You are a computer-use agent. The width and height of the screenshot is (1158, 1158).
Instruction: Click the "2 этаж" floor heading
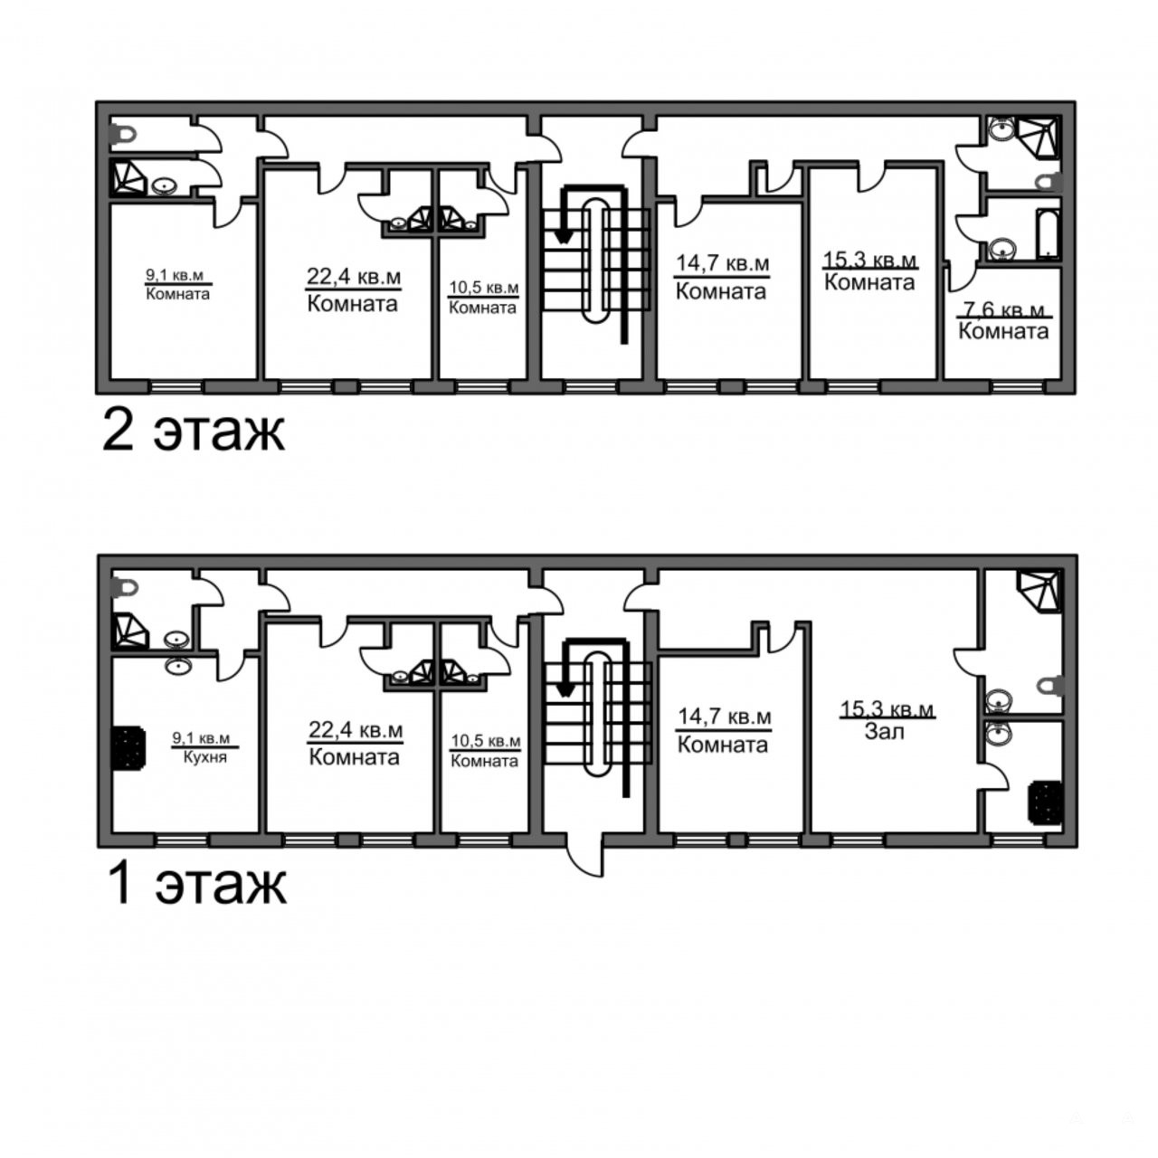click(x=193, y=431)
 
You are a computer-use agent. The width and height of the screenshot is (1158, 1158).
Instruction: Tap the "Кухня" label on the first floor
click(x=205, y=757)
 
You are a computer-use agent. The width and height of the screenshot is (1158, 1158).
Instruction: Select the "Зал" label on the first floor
click(x=884, y=731)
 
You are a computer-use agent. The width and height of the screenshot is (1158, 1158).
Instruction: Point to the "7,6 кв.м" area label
click(x=1003, y=310)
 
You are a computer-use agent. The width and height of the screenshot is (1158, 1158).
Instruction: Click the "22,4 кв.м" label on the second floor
click(x=354, y=277)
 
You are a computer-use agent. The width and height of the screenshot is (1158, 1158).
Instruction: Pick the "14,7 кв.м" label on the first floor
click(x=724, y=717)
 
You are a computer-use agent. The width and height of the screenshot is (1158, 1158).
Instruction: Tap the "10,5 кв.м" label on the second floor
click(x=484, y=288)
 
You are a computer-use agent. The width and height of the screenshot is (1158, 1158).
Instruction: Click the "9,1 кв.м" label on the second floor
click(x=175, y=275)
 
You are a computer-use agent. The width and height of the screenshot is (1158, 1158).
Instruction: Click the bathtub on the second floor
click(x=1048, y=234)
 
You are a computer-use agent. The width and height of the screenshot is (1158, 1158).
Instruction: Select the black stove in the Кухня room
click(x=128, y=747)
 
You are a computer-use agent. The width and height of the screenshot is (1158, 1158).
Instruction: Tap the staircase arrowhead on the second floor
click(x=563, y=236)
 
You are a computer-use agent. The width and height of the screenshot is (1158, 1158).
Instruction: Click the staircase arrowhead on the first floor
click(x=564, y=690)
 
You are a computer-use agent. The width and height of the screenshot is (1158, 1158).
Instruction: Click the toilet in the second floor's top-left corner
click(x=124, y=134)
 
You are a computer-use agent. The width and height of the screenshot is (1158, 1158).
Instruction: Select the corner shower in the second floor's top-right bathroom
click(x=1038, y=137)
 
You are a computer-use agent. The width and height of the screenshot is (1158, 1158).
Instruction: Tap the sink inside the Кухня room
click(x=178, y=666)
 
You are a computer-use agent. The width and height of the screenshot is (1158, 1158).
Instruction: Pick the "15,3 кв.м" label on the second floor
click(x=869, y=261)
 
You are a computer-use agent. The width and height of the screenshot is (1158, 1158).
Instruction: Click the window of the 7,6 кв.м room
click(x=1018, y=386)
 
